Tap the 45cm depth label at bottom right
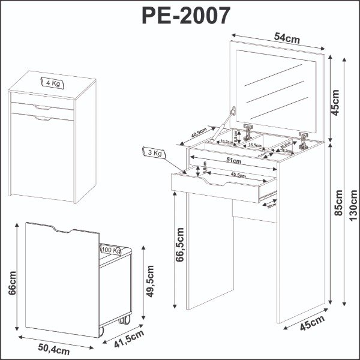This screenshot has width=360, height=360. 310,325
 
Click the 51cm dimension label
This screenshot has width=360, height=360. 233,160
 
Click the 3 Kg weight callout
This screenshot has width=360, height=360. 154,154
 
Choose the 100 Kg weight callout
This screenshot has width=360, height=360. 110,250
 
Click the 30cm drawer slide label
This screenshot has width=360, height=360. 272,204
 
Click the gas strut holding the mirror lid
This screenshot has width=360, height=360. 224,127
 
